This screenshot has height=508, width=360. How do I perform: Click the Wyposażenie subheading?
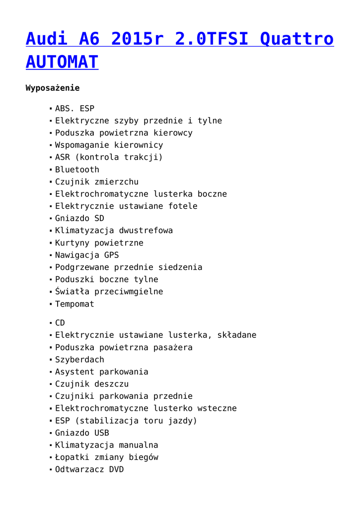pyautogui.click(x=52, y=88)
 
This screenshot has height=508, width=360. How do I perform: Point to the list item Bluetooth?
pyautogui.click(x=77, y=170)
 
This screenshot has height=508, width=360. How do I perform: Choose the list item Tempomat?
pyautogui.click(x=74, y=304)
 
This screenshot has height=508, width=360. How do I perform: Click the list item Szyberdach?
pyautogui.click(x=79, y=360)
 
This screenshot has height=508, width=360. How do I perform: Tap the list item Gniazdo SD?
pyautogui.click(x=79, y=218)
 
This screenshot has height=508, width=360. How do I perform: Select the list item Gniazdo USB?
pyautogui.click(x=82, y=433)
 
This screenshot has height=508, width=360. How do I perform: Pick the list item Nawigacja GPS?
pyautogui.click(x=87, y=255)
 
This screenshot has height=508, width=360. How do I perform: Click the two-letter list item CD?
pyautogui.click(x=60, y=323)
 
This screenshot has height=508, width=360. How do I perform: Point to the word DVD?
pyautogui.click(x=116, y=469)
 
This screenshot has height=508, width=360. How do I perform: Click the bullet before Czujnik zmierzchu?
pyautogui.click(x=51, y=182)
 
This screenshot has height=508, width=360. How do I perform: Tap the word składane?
pyautogui.click(x=237, y=335)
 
